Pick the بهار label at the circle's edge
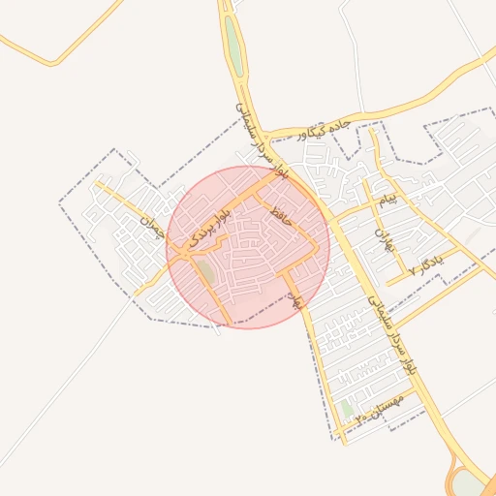pos(297,299)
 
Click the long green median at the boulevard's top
pos(234,45)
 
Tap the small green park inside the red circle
pos(206,274)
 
